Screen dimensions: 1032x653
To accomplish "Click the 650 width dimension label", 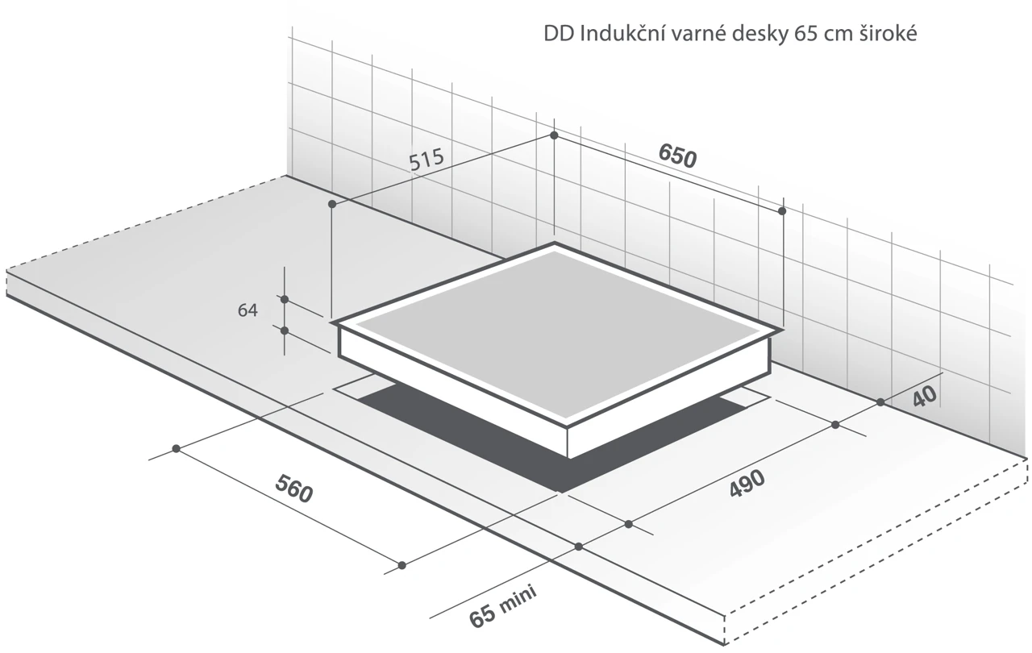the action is point(677,156).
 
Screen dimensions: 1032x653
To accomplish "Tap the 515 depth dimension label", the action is point(427,160).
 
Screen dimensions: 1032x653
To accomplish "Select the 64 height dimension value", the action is point(248,310).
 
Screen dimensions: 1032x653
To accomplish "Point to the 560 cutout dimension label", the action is point(294,489).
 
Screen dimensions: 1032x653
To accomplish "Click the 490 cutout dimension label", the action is point(747,484).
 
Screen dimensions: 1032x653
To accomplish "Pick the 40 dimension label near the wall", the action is point(925,396).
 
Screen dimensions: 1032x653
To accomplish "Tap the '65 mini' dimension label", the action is point(502,606).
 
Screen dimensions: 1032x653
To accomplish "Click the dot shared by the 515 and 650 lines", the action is point(554,135).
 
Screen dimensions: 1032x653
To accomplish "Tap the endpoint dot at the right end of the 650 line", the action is point(782,211).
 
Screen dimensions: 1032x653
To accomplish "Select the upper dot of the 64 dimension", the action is point(285,299).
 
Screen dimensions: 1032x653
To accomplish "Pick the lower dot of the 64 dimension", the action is point(285,331).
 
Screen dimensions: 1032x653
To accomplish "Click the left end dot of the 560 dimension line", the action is point(176,448).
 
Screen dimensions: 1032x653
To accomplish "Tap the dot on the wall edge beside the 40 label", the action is point(880,402).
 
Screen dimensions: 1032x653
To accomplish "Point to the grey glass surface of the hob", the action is point(557,331).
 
